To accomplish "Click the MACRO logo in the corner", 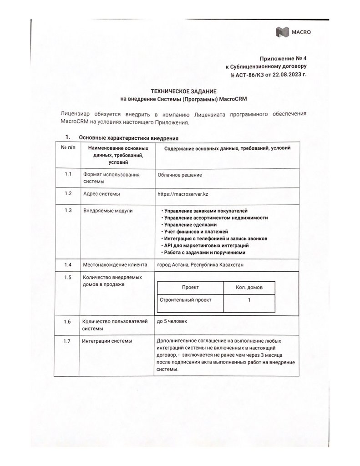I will coord(293,32).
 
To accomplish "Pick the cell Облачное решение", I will coord(179,175).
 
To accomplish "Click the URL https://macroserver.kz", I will coord(183,193).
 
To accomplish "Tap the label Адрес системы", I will coord(101,193).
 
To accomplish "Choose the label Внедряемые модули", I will coord(108,211).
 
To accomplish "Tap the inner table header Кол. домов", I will coord(249,288).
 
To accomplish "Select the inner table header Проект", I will coord(190,288).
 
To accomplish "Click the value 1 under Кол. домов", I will coord(249,300).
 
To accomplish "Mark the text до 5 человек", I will coord(172,321).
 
